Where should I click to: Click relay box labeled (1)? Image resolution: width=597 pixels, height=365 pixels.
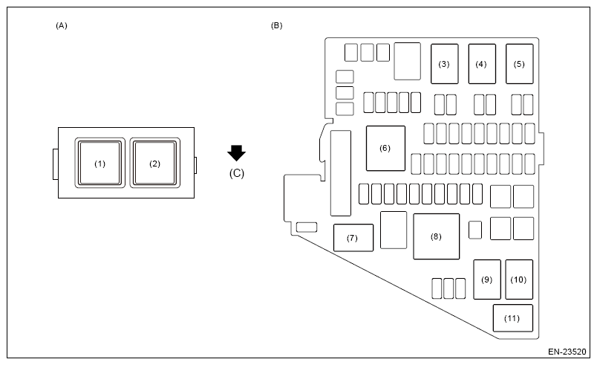point(100,163)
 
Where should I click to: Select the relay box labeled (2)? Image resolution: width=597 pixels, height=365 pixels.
point(154,163)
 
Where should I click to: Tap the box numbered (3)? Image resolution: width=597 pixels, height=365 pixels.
point(444,64)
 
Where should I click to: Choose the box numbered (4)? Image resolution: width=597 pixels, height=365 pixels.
point(481,64)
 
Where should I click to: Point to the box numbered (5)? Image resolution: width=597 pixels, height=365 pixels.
point(519,64)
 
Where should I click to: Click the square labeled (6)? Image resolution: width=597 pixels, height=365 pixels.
point(385,148)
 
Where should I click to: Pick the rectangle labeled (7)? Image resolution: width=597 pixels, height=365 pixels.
point(353,238)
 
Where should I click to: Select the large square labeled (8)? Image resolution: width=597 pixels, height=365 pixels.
point(436,236)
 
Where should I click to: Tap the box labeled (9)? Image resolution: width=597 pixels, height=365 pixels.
point(486,279)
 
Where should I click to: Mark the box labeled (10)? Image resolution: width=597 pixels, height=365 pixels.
point(519,279)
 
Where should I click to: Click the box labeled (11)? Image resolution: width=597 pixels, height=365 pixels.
point(512,318)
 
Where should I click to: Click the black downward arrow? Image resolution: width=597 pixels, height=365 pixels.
point(236,153)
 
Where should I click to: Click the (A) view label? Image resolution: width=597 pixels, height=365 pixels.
point(62,25)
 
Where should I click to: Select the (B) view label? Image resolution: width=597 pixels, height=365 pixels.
point(276,25)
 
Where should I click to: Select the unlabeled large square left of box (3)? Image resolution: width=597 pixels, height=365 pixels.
point(408,61)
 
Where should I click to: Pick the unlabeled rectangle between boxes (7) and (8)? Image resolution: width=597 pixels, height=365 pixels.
point(393,230)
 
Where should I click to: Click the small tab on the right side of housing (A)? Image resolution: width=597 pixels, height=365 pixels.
point(196,164)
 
